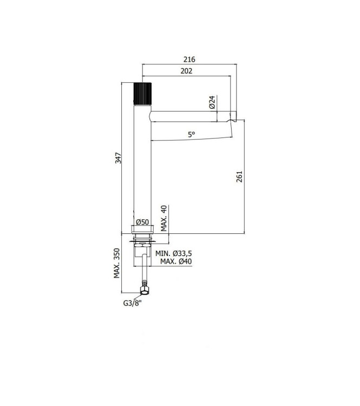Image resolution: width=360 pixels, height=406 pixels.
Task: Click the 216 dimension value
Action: [x=189, y=59]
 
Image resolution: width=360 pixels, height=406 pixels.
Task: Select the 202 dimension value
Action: [x=187, y=71]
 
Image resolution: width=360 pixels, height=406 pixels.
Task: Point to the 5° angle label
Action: [x=192, y=135]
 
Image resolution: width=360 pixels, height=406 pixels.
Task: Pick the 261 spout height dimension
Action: [x=240, y=177]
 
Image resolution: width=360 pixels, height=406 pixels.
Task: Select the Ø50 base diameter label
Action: [x=143, y=222]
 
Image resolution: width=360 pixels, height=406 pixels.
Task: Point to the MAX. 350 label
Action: [x=116, y=264]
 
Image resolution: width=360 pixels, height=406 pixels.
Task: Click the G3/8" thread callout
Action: [x=133, y=304]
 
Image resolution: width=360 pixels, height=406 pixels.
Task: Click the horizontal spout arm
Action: [x=189, y=118]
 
